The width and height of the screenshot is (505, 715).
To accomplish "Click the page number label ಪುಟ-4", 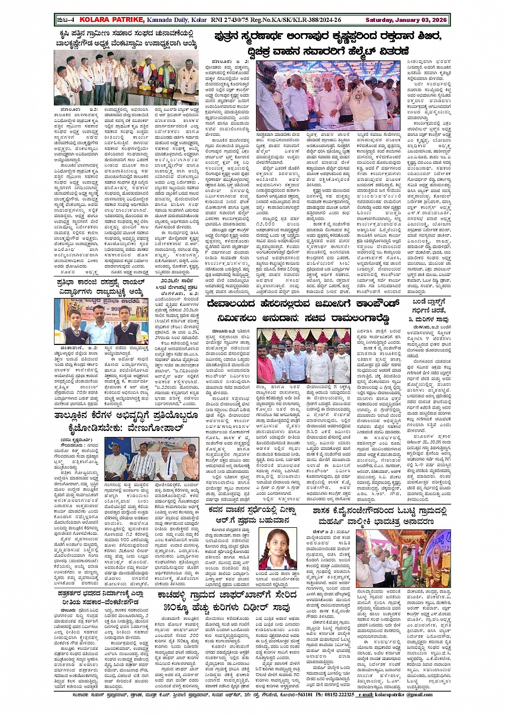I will point(65,20).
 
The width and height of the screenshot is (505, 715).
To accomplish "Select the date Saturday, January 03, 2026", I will point(406,20).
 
